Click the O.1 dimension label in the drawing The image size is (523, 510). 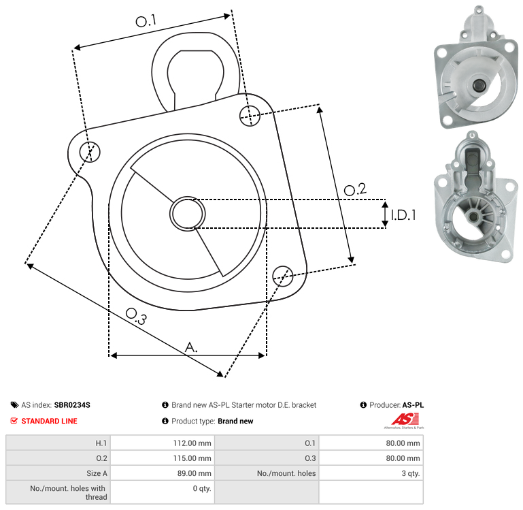pos(146,20)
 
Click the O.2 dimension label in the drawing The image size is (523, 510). pos(355,189)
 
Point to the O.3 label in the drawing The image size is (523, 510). pos(136,317)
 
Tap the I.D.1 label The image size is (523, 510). pos(403,215)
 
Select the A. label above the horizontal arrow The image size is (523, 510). pos(191,347)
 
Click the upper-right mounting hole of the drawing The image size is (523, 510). pos(250,116)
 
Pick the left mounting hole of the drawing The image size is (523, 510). pos(90,152)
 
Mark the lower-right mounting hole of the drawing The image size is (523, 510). pos(283,276)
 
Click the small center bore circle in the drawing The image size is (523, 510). pos(188,214)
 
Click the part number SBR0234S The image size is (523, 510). pos(72,405)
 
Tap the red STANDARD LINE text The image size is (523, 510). pos(50,421)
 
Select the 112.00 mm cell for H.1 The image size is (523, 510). pos(192,443)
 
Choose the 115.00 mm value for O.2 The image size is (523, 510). pos(192,458)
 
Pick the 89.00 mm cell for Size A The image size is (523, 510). pos(194,473)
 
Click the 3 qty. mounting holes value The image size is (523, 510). pos(411,473)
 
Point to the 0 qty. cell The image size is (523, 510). pos(202,488)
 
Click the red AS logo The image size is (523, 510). pos(405,419)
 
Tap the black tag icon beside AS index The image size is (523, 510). pos(14,405)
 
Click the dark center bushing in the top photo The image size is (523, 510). pos(479,84)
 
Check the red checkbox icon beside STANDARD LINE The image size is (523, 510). pos(14,421)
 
